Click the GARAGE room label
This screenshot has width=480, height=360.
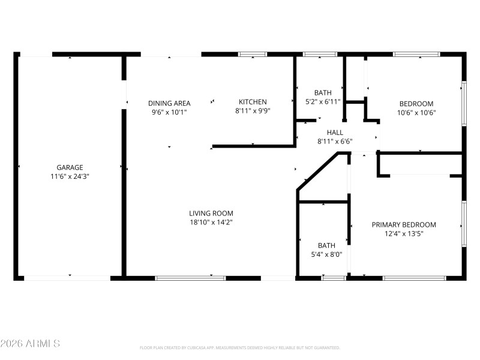(70, 167)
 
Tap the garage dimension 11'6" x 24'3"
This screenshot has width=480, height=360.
(70, 176)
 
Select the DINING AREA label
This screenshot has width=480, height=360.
(169, 103)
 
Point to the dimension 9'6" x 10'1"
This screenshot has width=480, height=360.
(169, 112)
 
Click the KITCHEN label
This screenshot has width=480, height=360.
(253, 102)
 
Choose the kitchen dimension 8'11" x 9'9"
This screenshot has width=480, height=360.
(253, 111)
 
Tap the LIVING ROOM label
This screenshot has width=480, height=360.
(211, 213)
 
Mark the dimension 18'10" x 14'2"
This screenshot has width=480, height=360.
(211, 222)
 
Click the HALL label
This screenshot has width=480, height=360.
(335, 133)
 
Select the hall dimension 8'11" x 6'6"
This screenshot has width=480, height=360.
(335, 142)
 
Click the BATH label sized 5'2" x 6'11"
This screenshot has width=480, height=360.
(323, 92)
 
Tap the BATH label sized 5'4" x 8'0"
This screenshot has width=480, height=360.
(326, 245)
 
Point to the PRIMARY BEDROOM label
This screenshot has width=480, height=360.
(404, 225)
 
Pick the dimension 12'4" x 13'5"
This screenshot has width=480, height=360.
(404, 234)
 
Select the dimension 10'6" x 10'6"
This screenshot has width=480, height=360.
(415, 112)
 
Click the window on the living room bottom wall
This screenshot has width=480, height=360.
(190, 278)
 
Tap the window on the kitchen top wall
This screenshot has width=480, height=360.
(253, 55)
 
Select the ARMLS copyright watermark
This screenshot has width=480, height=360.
(30, 344)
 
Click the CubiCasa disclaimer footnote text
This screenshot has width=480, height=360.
(240, 347)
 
